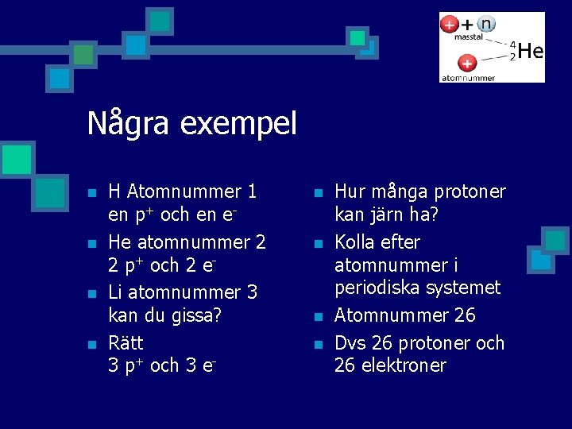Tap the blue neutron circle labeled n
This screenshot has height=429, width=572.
pos(485,24)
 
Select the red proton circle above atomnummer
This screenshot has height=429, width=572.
pos(466,63)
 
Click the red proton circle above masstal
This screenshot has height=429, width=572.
pos(450,24)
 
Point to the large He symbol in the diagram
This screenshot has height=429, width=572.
pos(531,52)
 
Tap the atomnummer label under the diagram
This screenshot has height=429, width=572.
pos(468,78)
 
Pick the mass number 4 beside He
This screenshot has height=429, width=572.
pos(512,45)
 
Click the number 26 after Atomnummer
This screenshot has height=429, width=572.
pos(465,315)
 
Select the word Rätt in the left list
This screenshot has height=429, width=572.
pos(126,342)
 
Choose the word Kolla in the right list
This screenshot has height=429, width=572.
pos(356,242)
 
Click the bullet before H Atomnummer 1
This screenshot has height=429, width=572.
pos(92,193)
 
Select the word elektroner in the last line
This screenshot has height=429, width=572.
pos(405,365)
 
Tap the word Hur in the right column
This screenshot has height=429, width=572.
pos(350,191)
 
